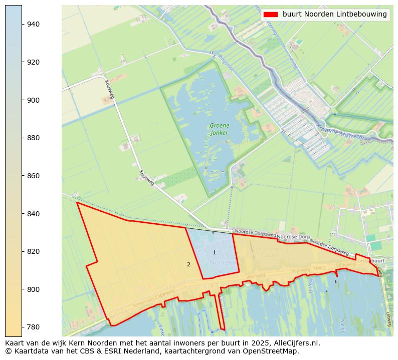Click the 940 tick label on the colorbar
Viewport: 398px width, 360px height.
tap(34, 24)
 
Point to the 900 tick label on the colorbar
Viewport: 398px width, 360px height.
tap(34, 100)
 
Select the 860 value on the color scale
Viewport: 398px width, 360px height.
tap(34, 176)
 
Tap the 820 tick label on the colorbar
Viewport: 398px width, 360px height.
tap(34, 251)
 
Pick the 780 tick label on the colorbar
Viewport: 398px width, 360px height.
tap(34, 327)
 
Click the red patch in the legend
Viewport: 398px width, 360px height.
tap(271, 15)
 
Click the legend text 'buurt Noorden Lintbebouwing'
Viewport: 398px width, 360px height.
tap(334, 15)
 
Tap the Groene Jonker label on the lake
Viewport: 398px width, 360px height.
tap(220, 129)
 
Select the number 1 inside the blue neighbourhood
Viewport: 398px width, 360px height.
tap(214, 252)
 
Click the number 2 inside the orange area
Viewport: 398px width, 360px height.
tap(188, 264)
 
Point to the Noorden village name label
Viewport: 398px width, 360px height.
tap(222, 263)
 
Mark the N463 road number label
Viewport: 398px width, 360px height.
tap(319, 268)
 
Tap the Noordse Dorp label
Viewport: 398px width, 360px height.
tap(294, 236)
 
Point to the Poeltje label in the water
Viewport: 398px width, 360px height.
tap(342, 325)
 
